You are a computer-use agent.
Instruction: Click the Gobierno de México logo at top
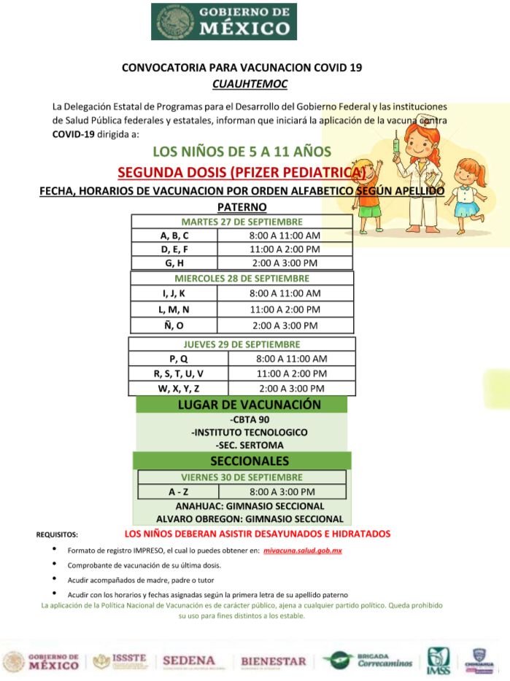coord(224,21)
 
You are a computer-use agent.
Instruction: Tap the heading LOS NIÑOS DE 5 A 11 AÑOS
coord(242,152)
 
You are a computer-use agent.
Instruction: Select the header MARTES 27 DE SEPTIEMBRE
coord(242,222)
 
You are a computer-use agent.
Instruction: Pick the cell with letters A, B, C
coord(174,236)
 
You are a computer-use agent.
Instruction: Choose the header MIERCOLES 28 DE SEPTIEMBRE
coord(242,278)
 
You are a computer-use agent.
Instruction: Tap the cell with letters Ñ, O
coord(174,325)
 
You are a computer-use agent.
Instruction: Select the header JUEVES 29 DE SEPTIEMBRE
coord(242,344)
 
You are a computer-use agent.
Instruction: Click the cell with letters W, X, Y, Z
coord(179,388)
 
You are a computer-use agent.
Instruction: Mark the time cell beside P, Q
coord(292,359)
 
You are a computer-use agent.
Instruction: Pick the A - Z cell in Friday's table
coord(174,492)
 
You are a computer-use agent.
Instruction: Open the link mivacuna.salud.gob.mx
coord(303,550)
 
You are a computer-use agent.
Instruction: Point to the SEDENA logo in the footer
coord(189,661)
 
